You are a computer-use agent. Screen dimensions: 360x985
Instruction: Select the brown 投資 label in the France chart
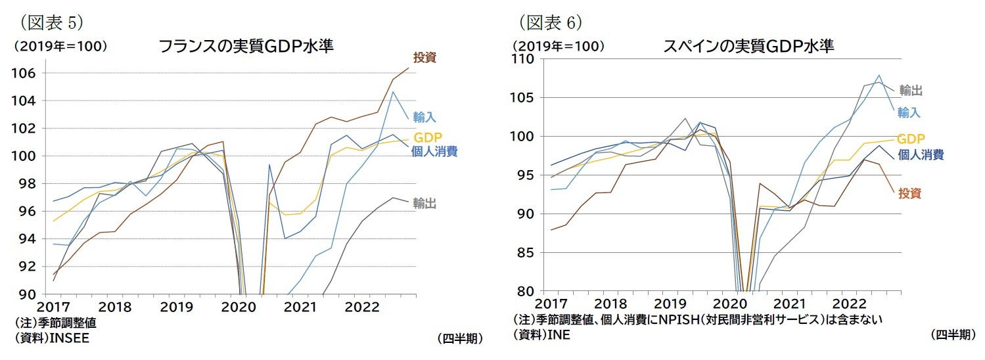click(x=424, y=58)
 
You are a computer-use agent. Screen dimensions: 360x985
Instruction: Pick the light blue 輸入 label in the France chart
click(x=424, y=117)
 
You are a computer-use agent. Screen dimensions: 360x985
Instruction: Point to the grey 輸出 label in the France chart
click(x=424, y=204)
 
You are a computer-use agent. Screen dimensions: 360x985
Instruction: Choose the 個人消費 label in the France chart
click(x=435, y=152)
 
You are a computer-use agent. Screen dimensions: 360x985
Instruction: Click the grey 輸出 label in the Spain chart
click(x=910, y=91)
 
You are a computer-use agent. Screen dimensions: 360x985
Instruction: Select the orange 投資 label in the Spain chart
click(x=910, y=193)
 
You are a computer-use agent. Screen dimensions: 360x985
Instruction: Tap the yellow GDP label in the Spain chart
click(x=911, y=139)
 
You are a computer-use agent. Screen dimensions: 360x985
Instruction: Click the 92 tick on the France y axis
click(x=30, y=266)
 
